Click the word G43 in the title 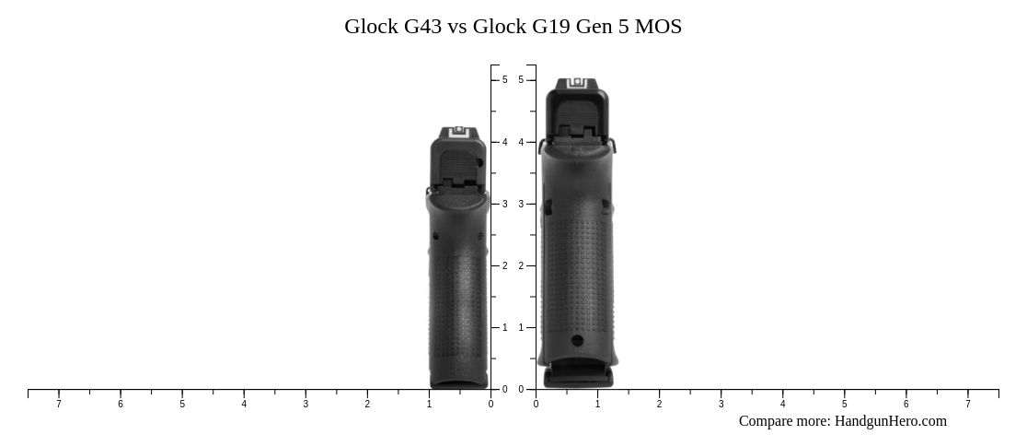pyautogui.click(x=422, y=27)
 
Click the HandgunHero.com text pyautogui.click(x=890, y=421)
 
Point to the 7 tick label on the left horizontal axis pyautogui.click(x=59, y=404)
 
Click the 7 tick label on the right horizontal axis pyautogui.click(x=967, y=404)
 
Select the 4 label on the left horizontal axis pyautogui.click(x=244, y=404)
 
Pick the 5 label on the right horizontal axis pyautogui.click(x=844, y=404)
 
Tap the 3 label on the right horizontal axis pyautogui.click(x=721, y=404)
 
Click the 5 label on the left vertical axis pyautogui.click(x=504, y=80)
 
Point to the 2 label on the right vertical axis pyautogui.click(x=521, y=265)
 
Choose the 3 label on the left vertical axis pyautogui.click(x=504, y=204)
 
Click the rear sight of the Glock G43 pyautogui.click(x=459, y=131)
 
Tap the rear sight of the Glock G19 pyautogui.click(x=577, y=83)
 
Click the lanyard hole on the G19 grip pyautogui.click(x=577, y=341)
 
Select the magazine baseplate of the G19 pyautogui.click(x=578, y=377)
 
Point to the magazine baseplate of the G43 pyautogui.click(x=458, y=383)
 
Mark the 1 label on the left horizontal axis pyautogui.click(x=429, y=404)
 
